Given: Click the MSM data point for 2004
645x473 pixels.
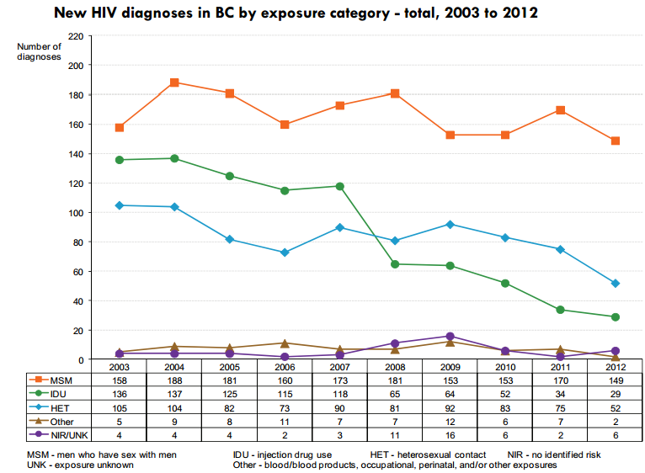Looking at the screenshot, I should click(174, 82).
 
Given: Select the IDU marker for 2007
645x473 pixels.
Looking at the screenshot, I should click(340, 186).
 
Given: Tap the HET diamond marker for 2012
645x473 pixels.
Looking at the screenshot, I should click(616, 284).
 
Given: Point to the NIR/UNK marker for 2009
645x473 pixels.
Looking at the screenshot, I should click(450, 337).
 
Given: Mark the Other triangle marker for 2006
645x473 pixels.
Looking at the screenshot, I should click(285, 343).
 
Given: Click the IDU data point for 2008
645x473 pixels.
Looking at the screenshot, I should click(395, 264).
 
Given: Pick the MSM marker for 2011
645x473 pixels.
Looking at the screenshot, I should click(561, 110).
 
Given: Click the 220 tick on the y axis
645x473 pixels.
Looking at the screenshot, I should click(75, 36).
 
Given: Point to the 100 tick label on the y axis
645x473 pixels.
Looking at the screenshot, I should click(75, 213).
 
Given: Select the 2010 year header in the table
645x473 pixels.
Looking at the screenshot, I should click(505, 368).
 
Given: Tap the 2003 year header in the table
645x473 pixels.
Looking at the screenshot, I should click(120, 368).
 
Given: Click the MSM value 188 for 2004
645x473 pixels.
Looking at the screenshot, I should click(174, 380).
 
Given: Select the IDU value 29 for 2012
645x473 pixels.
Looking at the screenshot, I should click(616, 395).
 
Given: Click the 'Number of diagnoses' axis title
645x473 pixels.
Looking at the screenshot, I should click(40, 51).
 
